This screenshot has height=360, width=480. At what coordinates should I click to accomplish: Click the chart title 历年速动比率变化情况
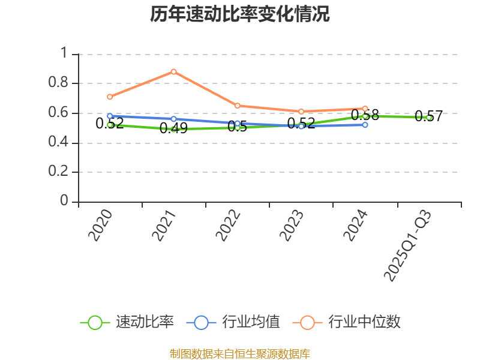click(239, 14)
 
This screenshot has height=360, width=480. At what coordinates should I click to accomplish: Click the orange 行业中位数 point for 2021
click(173, 71)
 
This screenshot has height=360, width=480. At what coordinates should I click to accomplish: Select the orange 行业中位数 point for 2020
click(110, 97)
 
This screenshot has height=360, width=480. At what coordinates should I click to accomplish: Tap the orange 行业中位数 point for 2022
click(238, 106)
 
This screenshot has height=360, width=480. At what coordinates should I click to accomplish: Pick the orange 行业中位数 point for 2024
click(365, 109)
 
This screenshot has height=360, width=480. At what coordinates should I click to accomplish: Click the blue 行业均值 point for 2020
click(110, 116)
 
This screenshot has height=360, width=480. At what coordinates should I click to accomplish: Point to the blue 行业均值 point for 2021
click(173, 119)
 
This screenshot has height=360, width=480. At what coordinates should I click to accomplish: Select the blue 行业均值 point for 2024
click(365, 125)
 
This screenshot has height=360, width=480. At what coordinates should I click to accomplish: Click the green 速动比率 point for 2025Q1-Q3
click(429, 118)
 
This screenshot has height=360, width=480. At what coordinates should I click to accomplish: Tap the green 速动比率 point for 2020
click(110, 125)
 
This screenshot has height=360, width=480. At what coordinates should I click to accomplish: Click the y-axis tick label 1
click(64, 53)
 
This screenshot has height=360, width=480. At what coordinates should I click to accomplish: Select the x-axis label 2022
click(229, 226)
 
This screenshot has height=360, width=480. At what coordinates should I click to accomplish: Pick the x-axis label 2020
click(101, 226)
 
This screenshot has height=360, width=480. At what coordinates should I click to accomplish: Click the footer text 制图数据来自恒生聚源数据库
click(239, 353)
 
